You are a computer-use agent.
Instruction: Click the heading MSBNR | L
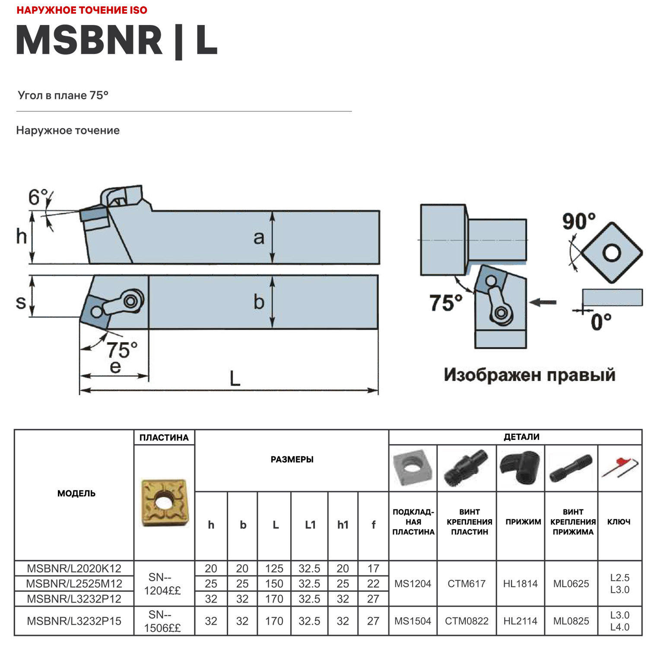click(117, 41)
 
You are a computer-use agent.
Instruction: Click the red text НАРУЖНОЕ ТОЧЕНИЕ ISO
click(82, 10)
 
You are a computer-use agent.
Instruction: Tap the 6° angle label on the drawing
click(38, 197)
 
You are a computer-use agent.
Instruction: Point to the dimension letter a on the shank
click(258, 238)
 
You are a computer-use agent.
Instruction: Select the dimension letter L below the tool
click(235, 379)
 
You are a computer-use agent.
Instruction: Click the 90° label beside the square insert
click(578, 221)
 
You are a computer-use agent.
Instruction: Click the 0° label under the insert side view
click(601, 322)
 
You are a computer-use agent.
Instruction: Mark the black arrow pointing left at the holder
click(543, 302)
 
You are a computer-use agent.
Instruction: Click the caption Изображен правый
click(529, 375)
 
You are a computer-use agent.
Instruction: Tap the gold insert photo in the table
click(164, 502)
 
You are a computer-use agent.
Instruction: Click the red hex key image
click(620, 468)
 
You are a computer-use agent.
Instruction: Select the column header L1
click(310, 525)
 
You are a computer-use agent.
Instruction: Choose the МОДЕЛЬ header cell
click(76, 493)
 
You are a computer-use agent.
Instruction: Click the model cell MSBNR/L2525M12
click(74, 584)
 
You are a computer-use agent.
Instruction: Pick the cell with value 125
click(274, 569)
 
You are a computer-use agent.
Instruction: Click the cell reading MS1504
click(413, 621)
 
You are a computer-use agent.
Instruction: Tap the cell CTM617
click(467, 584)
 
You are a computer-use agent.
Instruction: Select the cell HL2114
click(520, 621)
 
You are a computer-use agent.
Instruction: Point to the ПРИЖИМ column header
click(523, 522)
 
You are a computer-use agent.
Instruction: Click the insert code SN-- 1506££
click(162, 621)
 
